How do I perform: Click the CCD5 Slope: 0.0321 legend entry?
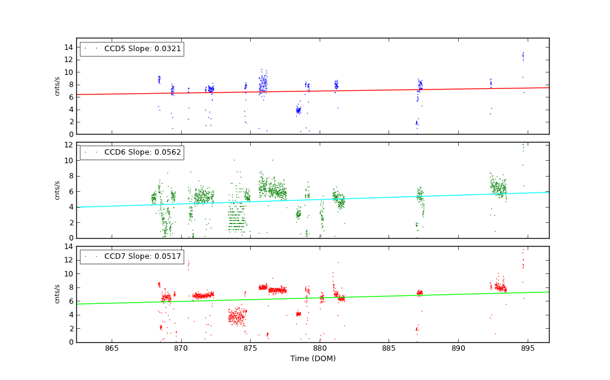(143, 49)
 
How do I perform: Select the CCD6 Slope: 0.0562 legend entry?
(143, 152)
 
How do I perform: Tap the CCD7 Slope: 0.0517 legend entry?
(143, 256)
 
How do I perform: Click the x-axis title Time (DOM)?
(312, 359)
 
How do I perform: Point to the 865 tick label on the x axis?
(112, 348)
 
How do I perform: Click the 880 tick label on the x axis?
(320, 348)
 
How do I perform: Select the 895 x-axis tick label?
(528, 348)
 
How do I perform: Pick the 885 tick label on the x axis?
(389, 348)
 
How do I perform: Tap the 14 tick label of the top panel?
(69, 47)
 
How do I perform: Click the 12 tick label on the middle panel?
(69, 145)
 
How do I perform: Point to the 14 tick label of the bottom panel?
(69, 246)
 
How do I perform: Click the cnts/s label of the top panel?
(58, 86)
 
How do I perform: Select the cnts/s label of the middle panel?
(58, 190)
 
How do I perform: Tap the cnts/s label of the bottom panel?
(58, 294)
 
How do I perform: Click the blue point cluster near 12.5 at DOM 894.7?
(523, 57)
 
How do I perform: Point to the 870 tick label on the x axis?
(181, 348)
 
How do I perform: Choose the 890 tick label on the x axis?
(458, 348)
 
